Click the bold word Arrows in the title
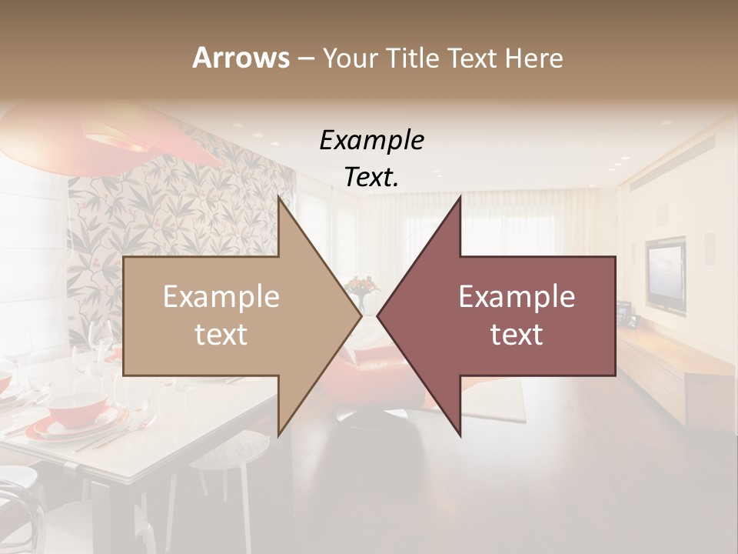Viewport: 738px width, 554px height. (241, 58)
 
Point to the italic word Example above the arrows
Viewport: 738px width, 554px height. (371, 140)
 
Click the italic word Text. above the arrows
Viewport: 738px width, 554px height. (371, 177)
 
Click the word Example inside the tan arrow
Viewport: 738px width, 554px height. (221, 297)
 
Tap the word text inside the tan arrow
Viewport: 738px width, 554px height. (221, 334)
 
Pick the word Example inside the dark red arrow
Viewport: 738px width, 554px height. (517, 297)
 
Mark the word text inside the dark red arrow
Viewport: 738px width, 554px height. (517, 334)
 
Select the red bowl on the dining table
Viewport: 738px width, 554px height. (78, 406)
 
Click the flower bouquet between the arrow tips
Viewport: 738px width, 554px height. (362, 287)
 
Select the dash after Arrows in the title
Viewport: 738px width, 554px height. (305, 58)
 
